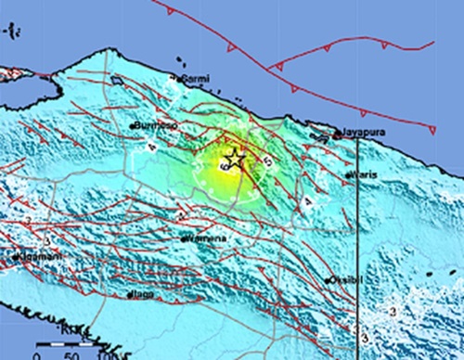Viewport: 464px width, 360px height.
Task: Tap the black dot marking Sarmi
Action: (178, 78)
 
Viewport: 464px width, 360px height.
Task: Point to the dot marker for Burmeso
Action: (134, 124)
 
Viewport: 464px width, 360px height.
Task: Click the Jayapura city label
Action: (362, 134)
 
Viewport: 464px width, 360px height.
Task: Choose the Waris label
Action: (364, 174)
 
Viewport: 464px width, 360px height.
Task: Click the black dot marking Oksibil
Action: (329, 278)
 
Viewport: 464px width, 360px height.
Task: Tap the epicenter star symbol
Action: (235, 161)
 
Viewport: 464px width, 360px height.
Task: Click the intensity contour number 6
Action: (223, 167)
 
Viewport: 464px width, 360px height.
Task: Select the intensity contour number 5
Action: (268, 161)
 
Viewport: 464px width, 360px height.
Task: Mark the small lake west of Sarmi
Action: (118, 81)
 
